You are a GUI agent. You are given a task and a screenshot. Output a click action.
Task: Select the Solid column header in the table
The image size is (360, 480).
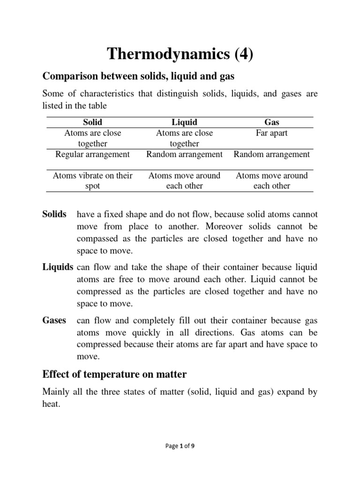tap(92, 122)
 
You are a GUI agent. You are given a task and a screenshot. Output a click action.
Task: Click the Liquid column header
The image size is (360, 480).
tap(184, 122)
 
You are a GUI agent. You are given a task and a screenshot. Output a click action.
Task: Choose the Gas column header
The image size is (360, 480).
tap(272, 122)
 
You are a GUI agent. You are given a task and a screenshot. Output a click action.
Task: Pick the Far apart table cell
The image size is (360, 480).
tap(272, 133)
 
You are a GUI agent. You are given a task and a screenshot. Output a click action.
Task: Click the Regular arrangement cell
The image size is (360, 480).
tap(93, 154)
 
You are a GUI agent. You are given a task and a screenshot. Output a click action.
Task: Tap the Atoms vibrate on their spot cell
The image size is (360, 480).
tap(93, 180)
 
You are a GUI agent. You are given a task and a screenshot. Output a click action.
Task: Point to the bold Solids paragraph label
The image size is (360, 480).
tap(54, 214)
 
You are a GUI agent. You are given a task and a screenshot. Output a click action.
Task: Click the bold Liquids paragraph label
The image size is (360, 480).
tap(58, 267)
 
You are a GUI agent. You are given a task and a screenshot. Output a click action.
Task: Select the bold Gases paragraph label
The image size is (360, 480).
tap(54, 321)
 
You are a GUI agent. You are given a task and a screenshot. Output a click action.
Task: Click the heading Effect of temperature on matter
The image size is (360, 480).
tap(114, 374)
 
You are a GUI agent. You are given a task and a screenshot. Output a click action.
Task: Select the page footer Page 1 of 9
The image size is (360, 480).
tap(180, 446)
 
